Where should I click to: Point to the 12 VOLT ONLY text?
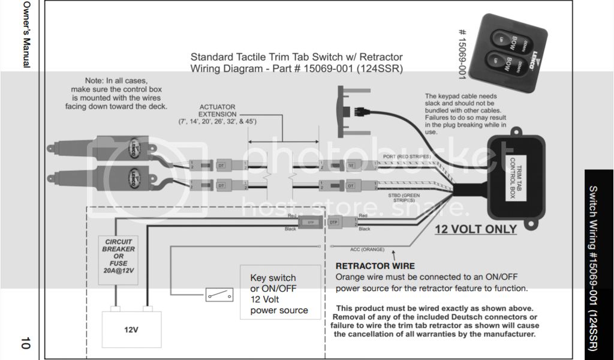click(x=475, y=229)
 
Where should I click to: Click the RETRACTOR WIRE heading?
click(x=375, y=266)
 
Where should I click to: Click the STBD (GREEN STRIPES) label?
click(x=404, y=197)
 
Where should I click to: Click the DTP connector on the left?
click(x=310, y=221)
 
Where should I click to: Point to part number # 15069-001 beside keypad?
click(x=462, y=55)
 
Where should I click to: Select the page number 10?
click(x=25, y=344)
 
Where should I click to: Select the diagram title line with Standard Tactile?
click(x=296, y=58)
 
